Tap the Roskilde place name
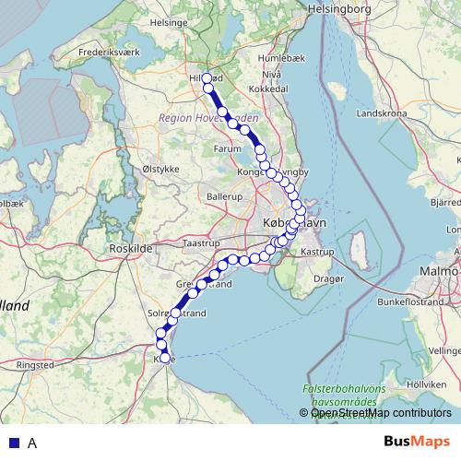pyautogui.click(x=129, y=248)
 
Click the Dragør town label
pyautogui.click(x=327, y=276)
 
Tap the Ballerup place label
pyautogui.click(x=224, y=197)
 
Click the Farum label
pyautogui.click(x=226, y=147)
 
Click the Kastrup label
pyautogui.click(x=317, y=251)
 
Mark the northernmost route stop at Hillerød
pyautogui.click(x=207, y=78)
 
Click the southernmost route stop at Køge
pyautogui.click(x=165, y=359)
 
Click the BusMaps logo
pyautogui.click(x=416, y=442)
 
